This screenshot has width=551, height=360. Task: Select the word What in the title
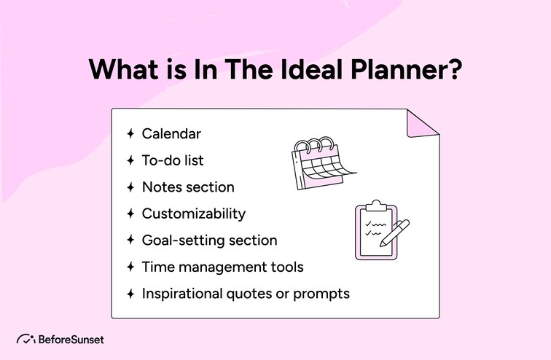[x=120, y=71]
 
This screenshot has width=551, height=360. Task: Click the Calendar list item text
[x=171, y=133]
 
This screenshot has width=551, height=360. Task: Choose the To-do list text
[x=173, y=160]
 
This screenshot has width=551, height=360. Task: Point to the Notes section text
[x=188, y=187]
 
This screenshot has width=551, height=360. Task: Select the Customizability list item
[x=193, y=214]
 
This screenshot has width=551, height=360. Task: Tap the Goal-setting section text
[x=209, y=240]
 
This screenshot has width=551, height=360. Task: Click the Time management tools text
[x=222, y=267]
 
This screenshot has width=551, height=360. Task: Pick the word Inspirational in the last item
[x=182, y=294]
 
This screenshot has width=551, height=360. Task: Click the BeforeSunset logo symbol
[x=26, y=339]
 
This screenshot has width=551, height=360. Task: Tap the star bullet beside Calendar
[x=130, y=133]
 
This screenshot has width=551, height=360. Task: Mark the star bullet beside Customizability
[x=130, y=214]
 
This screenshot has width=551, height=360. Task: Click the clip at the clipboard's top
[x=376, y=205]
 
